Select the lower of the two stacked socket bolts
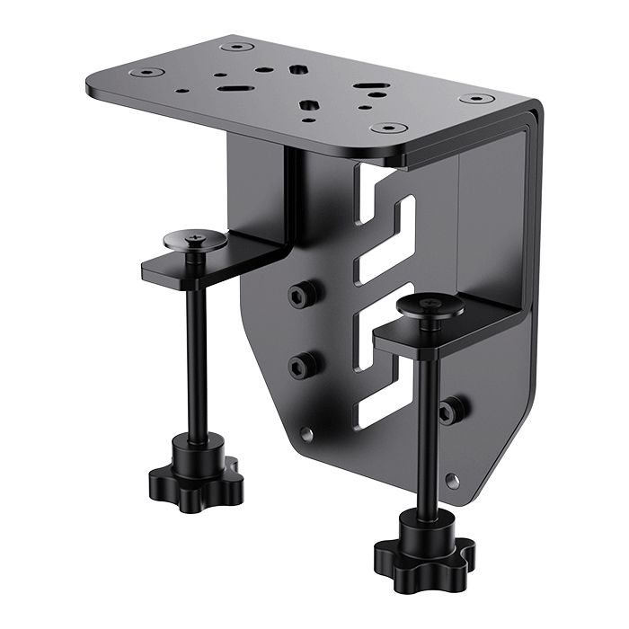[302, 364]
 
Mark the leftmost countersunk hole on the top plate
[144, 70]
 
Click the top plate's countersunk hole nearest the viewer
[387, 128]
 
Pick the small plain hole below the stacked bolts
[307, 433]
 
